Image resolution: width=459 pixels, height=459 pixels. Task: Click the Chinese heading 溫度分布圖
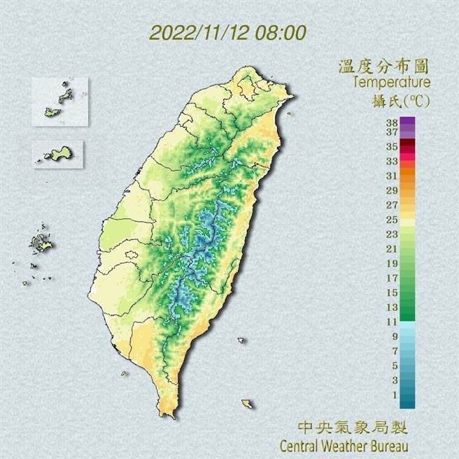coord(383,67)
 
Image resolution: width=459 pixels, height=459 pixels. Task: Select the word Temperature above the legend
coord(391,83)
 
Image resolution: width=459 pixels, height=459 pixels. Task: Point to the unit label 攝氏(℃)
coord(400,100)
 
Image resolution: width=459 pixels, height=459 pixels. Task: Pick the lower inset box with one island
coord(58,153)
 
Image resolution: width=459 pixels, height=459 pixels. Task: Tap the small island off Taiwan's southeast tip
coord(246,404)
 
